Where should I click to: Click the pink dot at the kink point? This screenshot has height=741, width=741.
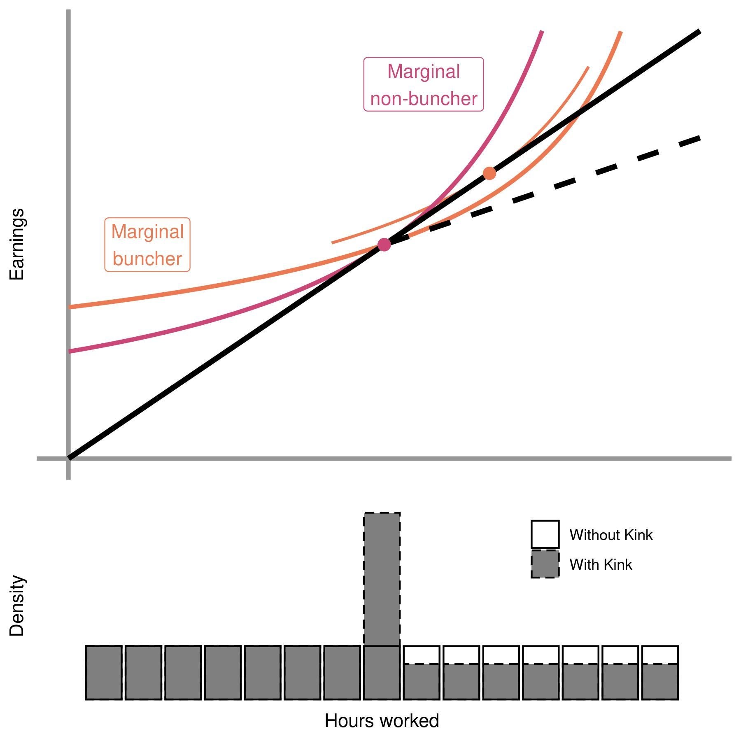(x=384, y=244)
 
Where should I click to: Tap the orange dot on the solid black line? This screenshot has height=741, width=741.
(x=489, y=173)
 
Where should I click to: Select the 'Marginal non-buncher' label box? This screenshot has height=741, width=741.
(x=423, y=84)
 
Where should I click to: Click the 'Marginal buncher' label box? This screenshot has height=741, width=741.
(x=147, y=245)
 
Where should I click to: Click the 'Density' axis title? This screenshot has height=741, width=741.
(x=17, y=606)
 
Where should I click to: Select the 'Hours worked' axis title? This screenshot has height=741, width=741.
(x=382, y=720)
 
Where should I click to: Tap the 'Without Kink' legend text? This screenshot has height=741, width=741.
(x=611, y=535)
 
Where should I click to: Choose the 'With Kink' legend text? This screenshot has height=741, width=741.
(x=601, y=564)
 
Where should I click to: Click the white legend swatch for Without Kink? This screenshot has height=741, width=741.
(x=545, y=534)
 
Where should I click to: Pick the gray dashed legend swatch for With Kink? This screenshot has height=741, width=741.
(x=545, y=564)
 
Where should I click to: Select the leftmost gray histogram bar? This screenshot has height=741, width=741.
(x=103, y=672)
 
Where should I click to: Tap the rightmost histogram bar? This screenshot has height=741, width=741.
(x=660, y=672)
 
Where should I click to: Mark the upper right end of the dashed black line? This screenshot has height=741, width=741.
(x=699, y=138)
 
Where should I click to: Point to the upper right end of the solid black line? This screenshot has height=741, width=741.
(x=699, y=32)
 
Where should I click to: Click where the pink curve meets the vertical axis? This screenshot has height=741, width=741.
(x=70, y=351)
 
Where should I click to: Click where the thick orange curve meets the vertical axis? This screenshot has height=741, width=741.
(x=70, y=307)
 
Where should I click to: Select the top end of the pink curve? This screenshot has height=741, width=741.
(x=542, y=31)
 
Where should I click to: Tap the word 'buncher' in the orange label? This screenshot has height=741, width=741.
(x=147, y=259)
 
